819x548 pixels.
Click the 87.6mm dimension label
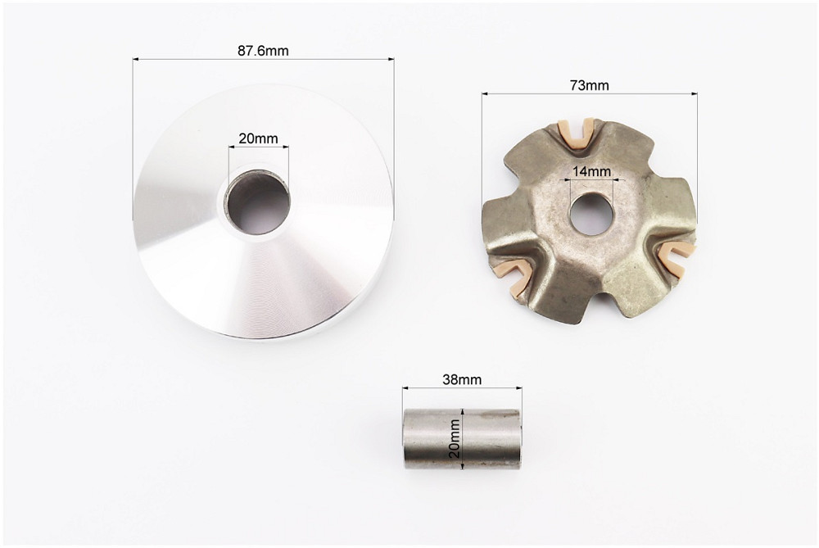[x=263, y=51]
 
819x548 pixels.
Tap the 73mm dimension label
[x=589, y=85]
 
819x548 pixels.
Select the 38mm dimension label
[x=462, y=379]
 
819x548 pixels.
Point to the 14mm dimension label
[x=591, y=171]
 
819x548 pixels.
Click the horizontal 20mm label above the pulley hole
[x=258, y=138]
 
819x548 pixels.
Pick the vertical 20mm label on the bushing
[x=455, y=438]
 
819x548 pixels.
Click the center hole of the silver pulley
[x=259, y=202]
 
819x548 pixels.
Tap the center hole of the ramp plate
[x=590, y=213]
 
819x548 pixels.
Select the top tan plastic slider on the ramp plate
[x=576, y=133]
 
